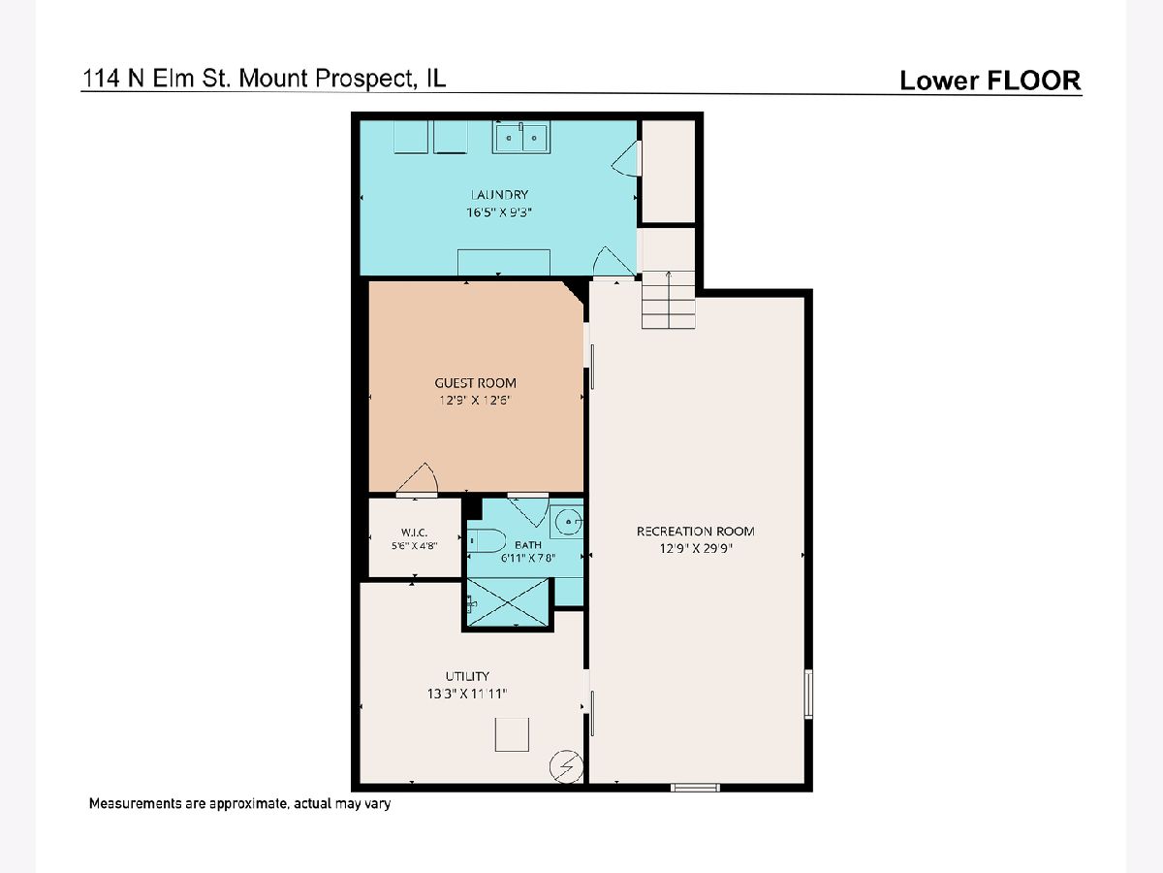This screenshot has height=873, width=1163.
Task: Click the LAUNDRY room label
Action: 499,195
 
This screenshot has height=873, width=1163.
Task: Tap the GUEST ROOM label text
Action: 475,383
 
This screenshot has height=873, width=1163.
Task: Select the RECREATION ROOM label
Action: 695,532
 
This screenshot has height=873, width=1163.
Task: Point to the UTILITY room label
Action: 467,676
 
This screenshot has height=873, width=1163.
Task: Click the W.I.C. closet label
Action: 415,533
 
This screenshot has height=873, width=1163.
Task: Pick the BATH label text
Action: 528,544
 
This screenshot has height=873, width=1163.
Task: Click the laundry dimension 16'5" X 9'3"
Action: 498,212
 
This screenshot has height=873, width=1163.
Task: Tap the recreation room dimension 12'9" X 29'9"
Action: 695,548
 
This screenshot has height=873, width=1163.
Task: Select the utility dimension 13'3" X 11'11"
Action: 467,694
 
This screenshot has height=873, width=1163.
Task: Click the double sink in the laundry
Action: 521,138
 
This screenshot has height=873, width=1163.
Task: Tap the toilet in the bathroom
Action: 487,540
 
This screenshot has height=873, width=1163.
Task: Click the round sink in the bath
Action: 566,522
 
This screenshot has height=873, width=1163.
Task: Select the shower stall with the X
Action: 508,602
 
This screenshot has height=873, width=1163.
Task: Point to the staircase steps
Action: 668,300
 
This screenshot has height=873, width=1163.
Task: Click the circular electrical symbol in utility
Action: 566,766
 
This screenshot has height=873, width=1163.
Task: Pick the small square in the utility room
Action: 512,734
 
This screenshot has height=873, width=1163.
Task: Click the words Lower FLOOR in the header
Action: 990,81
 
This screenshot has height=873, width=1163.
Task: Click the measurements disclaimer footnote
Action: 239,803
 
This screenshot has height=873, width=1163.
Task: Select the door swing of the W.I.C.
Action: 418,480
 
